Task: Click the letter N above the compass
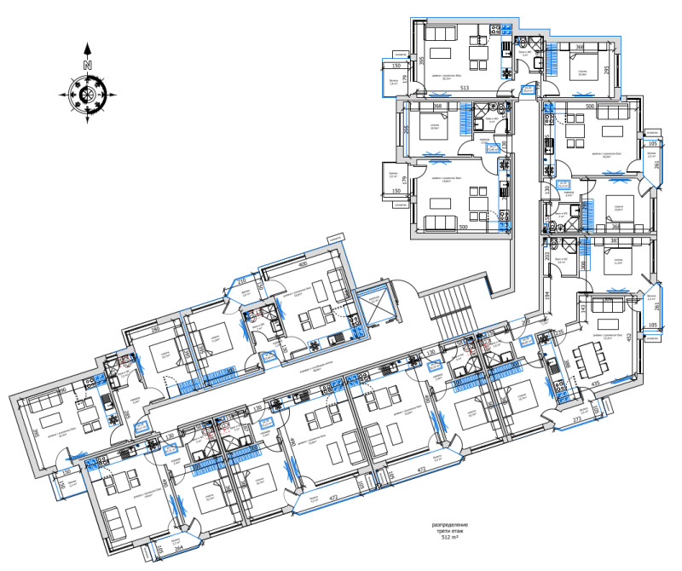click(x=88, y=64)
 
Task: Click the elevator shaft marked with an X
click(x=373, y=304)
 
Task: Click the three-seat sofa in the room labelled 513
click(x=441, y=34)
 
